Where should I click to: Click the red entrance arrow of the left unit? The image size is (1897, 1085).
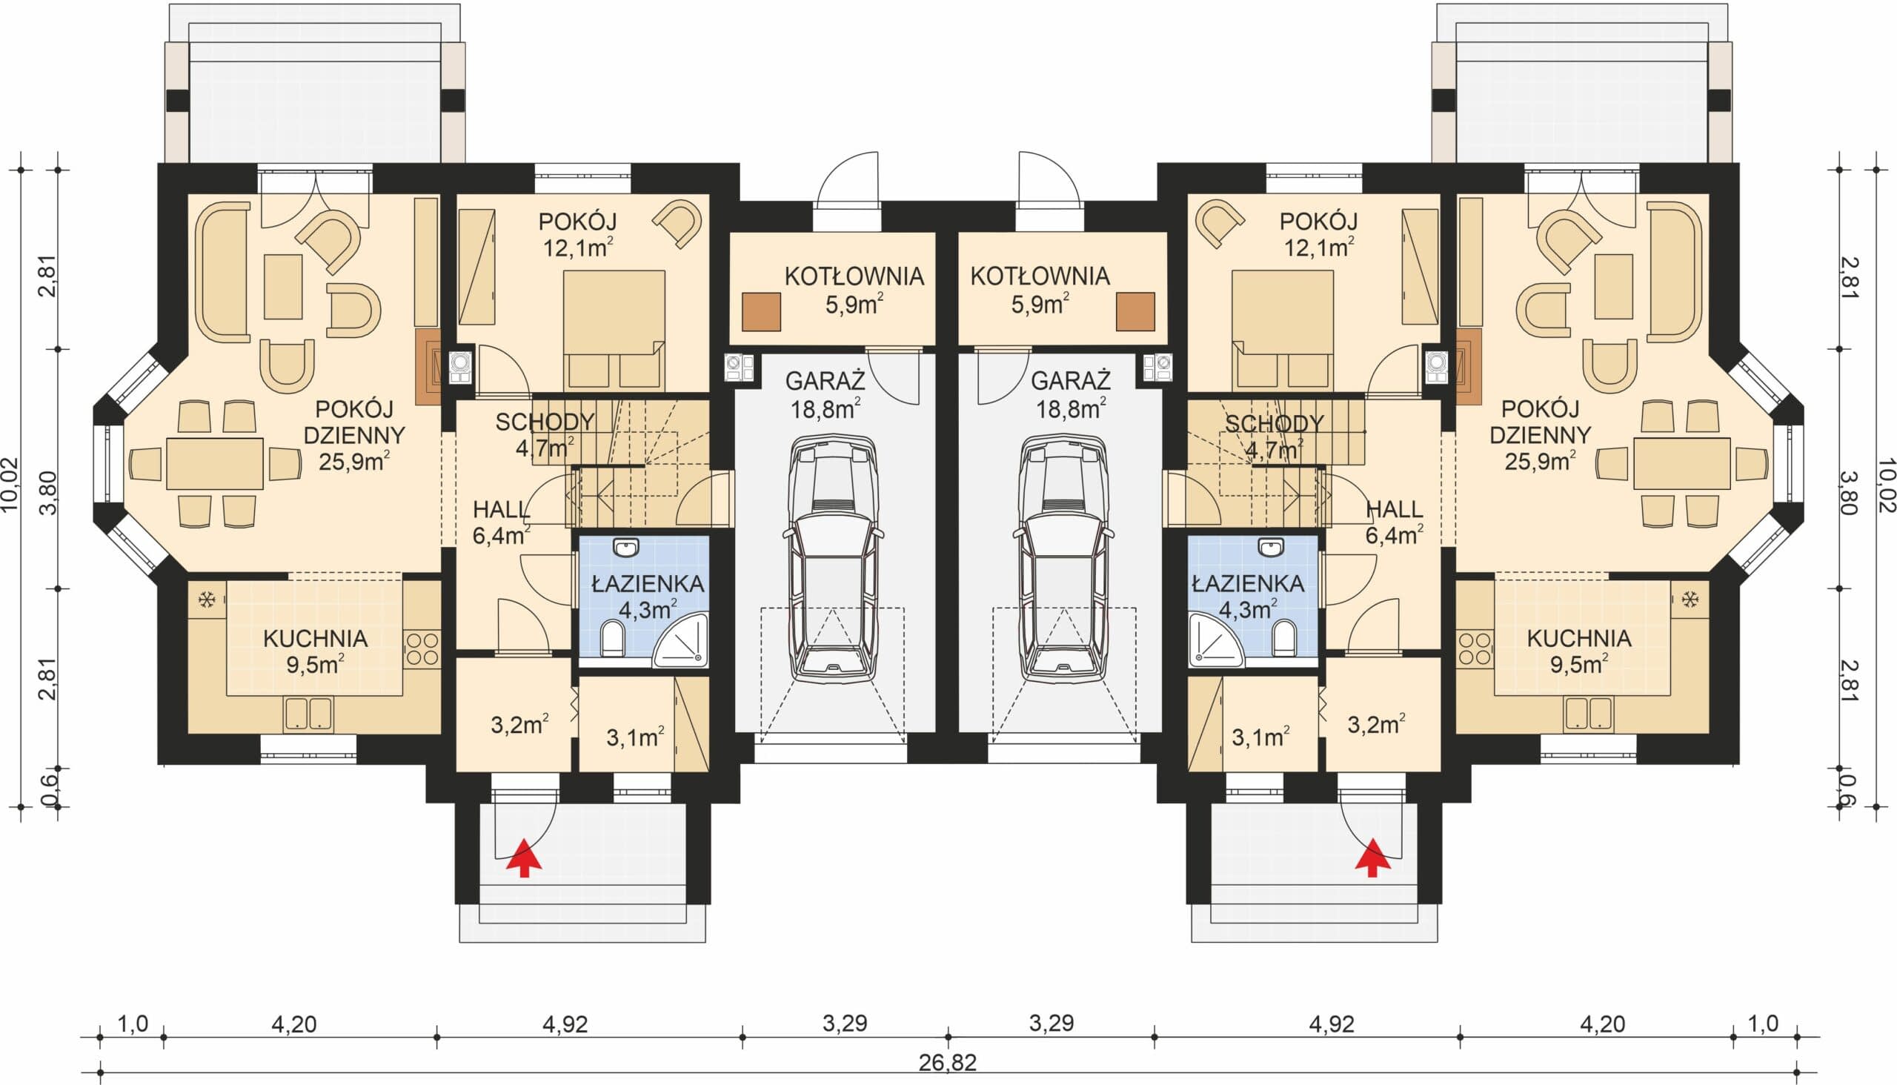524,856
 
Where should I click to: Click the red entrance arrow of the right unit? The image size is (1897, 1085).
1372,856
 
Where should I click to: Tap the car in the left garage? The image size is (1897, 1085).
833,558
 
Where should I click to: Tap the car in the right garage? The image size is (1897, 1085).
1063,558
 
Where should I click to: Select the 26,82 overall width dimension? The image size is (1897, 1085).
947,1063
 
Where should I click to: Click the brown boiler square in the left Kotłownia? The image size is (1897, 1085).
762,311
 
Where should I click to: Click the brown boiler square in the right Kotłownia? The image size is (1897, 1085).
1134,311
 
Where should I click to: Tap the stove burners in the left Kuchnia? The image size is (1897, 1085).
422,648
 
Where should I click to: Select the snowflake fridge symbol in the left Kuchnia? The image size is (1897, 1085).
208,598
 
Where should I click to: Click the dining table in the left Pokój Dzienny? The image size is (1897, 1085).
215,463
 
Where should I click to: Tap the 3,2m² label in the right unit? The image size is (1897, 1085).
1376,723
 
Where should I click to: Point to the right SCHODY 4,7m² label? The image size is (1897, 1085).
1274,436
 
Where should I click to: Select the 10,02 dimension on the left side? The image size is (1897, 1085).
10,485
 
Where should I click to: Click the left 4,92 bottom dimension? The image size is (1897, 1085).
565,1024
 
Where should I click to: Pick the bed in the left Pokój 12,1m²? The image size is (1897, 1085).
614,330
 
